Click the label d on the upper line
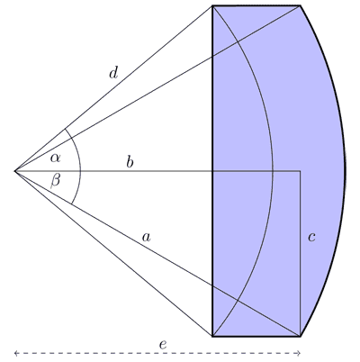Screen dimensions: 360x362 113,73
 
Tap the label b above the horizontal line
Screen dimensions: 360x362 130,162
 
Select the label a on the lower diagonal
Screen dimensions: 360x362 146,238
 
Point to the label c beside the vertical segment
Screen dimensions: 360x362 311,238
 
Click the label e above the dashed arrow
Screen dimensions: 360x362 163,345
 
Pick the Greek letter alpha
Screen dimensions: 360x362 55,158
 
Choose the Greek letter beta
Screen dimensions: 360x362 55,181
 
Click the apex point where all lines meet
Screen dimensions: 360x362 15,171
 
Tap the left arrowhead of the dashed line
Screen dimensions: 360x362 16,353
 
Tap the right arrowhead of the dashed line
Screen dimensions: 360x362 299,353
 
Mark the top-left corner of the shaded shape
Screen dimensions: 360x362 212,5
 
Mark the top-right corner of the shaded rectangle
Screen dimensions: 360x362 301,5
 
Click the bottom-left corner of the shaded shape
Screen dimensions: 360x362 212,336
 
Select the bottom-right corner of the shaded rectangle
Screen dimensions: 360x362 301,336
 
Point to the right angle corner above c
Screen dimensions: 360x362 301,171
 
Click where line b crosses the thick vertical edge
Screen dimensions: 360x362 212,171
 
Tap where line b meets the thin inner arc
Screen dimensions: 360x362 273,171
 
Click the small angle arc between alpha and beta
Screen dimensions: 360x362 80,169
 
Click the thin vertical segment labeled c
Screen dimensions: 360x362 301,254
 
